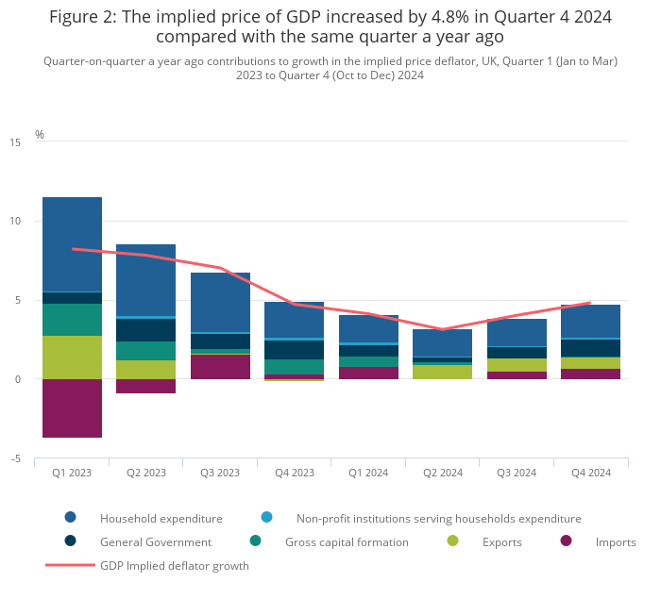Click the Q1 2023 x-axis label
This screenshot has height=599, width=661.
(x=72, y=473)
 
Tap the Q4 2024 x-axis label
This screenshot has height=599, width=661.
(x=591, y=473)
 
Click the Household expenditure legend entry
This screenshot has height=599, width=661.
(x=161, y=518)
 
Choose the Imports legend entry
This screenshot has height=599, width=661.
(x=615, y=542)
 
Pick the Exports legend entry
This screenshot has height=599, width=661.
(x=501, y=542)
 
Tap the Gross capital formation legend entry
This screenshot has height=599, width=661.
(x=347, y=542)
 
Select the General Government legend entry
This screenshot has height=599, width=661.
(x=155, y=542)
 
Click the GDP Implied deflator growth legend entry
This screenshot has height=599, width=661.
(x=174, y=566)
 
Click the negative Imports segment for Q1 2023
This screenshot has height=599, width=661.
(x=72, y=408)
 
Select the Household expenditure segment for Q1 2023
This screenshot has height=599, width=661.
(x=72, y=244)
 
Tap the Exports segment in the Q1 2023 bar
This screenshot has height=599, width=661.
(x=72, y=358)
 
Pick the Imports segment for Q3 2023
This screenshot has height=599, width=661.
(x=220, y=367)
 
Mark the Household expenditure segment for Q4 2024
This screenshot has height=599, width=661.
(x=591, y=321)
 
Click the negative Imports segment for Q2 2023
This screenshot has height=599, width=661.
(x=145, y=386)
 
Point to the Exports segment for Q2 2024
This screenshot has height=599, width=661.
(x=443, y=373)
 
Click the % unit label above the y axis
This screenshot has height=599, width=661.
(x=40, y=135)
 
